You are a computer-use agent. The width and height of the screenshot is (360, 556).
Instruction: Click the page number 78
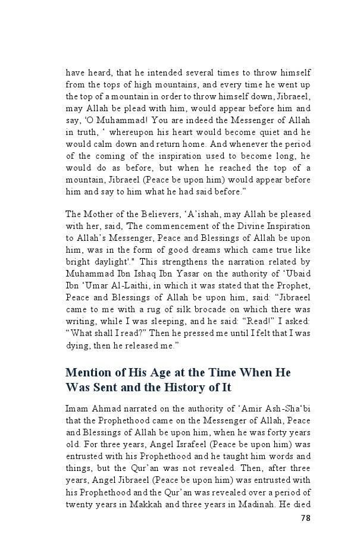point(305,517)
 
